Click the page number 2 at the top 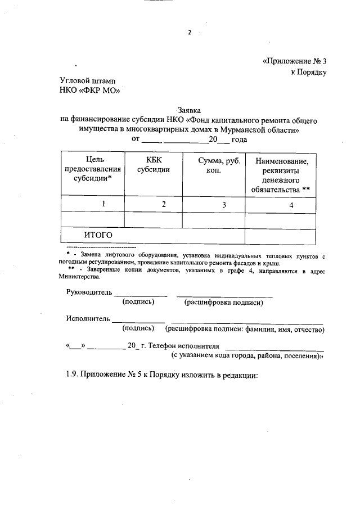point(190,33)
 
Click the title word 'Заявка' point(189,110)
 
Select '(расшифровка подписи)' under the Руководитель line point(224,303)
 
